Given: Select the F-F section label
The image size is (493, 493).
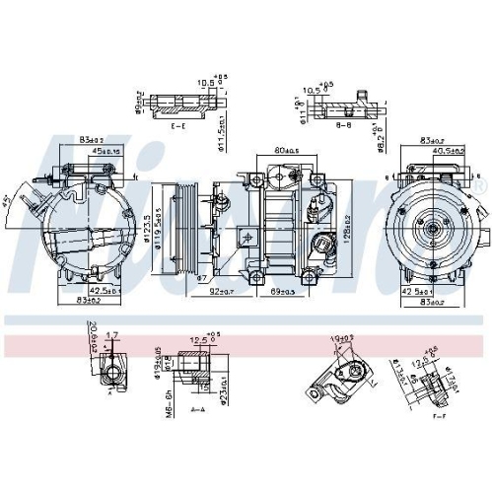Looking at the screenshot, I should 439,417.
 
